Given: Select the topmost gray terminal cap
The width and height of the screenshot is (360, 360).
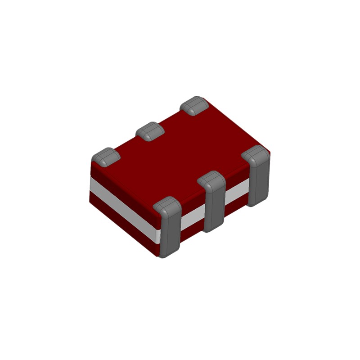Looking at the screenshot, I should (x=194, y=105).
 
